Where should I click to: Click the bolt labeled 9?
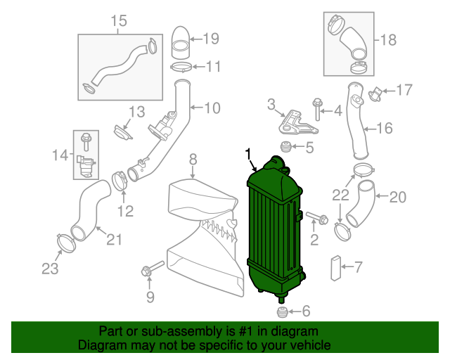(151, 269)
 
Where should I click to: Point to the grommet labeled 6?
(283, 311)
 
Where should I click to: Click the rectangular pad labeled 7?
(335, 267)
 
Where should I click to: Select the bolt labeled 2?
(316, 219)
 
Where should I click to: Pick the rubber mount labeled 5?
(286, 147)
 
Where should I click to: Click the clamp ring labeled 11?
(181, 67)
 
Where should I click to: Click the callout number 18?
(389, 39)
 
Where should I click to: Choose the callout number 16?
(383, 128)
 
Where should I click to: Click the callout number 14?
(60, 154)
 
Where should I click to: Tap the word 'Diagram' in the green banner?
(103, 346)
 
